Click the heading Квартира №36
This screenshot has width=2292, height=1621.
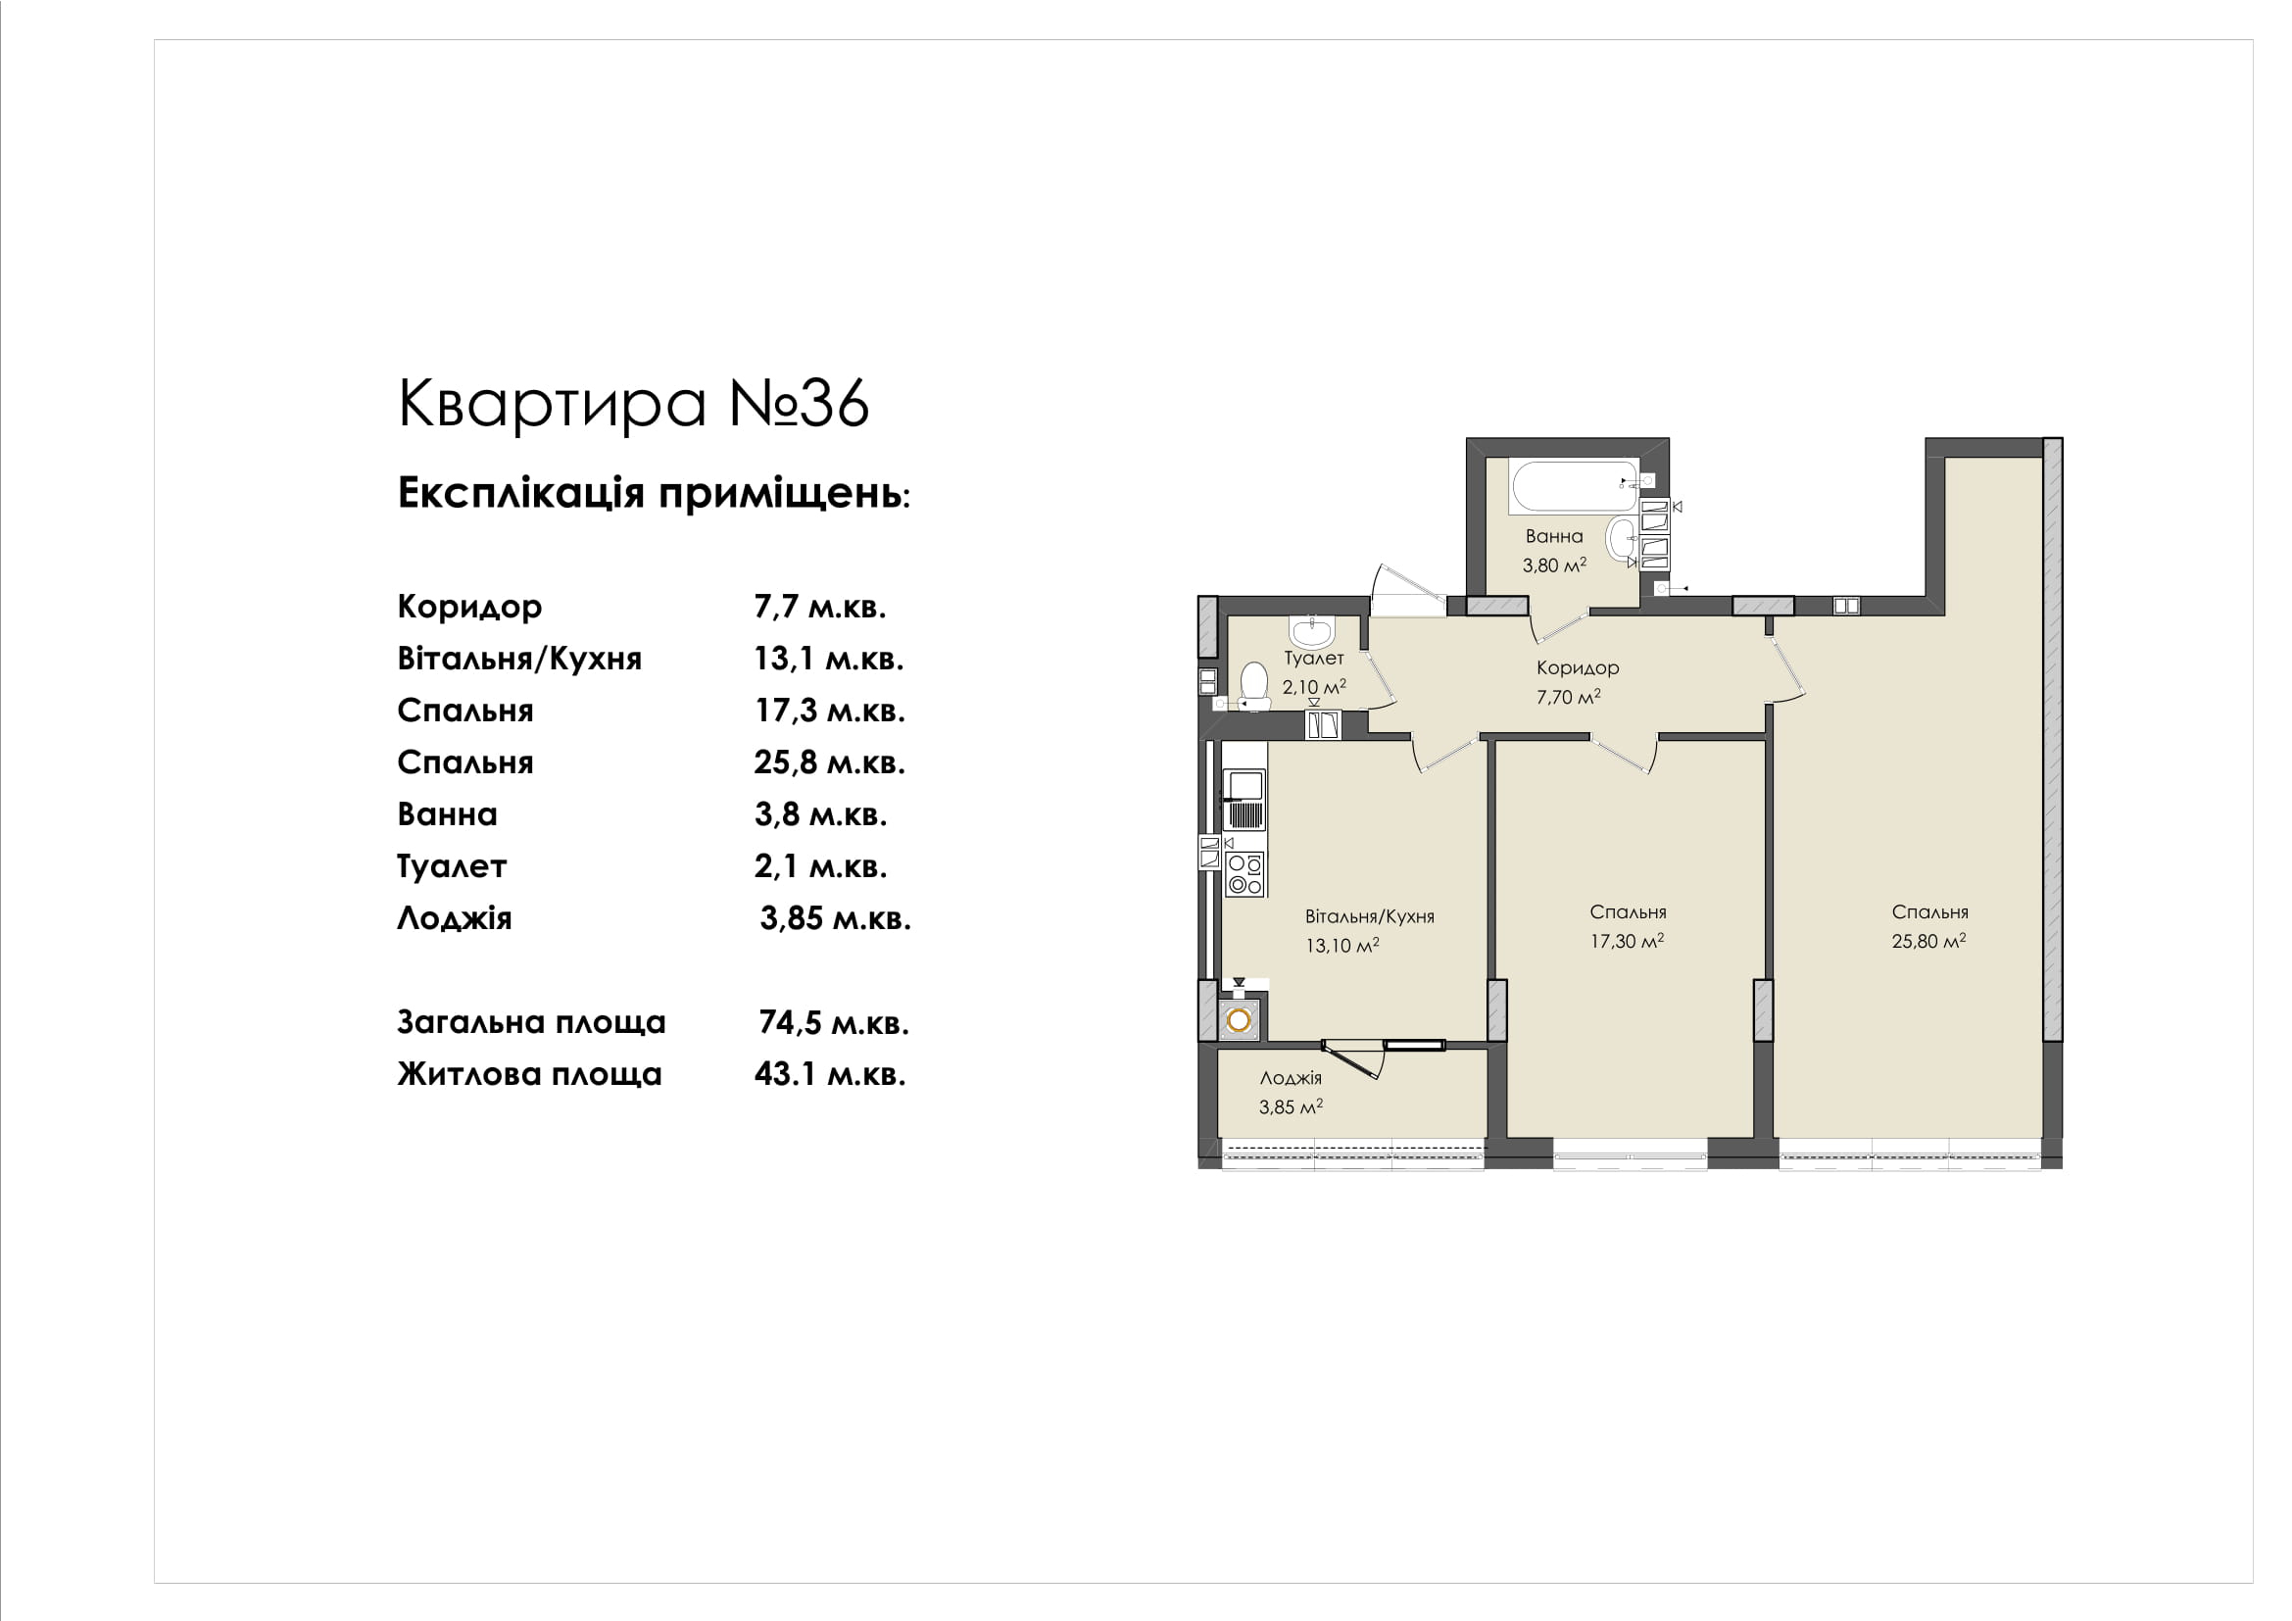point(633,403)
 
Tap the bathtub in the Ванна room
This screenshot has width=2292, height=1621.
point(1576,486)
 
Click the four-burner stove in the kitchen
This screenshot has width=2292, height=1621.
point(1244,874)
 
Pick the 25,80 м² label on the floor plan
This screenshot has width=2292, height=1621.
point(1928,940)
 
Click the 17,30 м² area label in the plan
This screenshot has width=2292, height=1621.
point(1628,940)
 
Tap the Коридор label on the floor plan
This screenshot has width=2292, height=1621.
point(1578,667)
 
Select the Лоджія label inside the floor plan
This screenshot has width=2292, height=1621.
point(1291,1078)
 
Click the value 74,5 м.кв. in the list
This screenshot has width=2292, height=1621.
point(834,1022)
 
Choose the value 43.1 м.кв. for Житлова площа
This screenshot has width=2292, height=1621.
point(830,1074)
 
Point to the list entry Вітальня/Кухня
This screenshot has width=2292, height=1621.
point(519,659)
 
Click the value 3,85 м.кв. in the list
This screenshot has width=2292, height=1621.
point(836,918)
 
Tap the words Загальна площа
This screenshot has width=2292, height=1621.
point(531,1022)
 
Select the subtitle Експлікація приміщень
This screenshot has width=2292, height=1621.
point(654,493)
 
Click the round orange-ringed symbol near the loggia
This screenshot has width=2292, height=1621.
point(1239,1020)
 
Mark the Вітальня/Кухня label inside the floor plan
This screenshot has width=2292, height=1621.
point(1370,916)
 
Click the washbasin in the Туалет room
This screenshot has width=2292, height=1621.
point(1311,632)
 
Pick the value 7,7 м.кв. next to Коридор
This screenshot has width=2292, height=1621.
point(819,607)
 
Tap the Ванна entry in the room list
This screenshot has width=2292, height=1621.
point(447,814)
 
